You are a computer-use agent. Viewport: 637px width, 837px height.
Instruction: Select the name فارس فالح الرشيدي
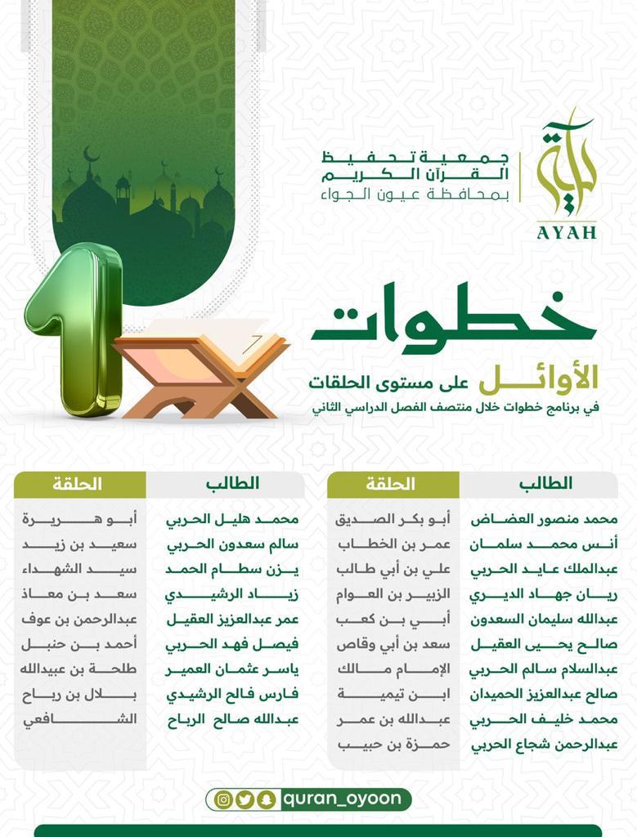tap(233, 695)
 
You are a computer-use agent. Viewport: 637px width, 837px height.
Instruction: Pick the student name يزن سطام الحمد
tap(233, 569)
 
